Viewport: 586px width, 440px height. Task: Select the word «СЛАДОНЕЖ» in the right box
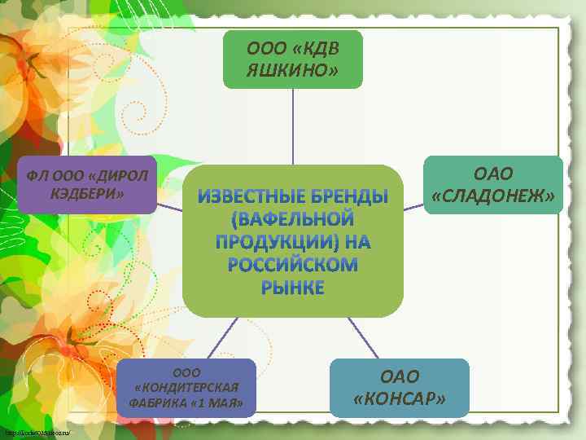pos(494,196)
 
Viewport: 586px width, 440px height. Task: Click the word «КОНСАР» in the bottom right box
pos(400,398)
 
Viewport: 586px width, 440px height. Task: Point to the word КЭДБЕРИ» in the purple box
pos(87,193)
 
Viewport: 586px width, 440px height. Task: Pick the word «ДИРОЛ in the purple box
pos(119,176)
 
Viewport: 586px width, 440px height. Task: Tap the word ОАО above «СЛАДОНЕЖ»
pos(494,175)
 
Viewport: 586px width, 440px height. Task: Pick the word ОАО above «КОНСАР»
pos(400,376)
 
